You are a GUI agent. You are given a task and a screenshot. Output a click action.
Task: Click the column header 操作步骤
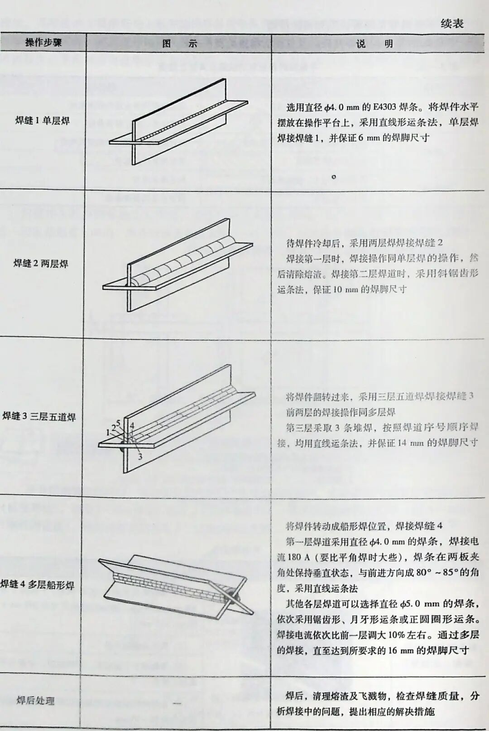43,43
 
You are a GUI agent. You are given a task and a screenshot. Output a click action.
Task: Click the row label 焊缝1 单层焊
43,120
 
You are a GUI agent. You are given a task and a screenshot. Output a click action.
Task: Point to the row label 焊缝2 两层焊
41,264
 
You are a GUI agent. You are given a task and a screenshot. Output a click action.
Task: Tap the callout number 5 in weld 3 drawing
118,423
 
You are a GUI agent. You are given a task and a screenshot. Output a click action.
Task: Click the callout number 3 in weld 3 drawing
140,457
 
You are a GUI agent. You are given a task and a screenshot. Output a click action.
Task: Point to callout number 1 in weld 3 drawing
108,432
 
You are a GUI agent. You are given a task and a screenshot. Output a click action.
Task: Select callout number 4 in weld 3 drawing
132,425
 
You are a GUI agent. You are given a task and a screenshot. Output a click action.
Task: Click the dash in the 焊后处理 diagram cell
177,703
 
